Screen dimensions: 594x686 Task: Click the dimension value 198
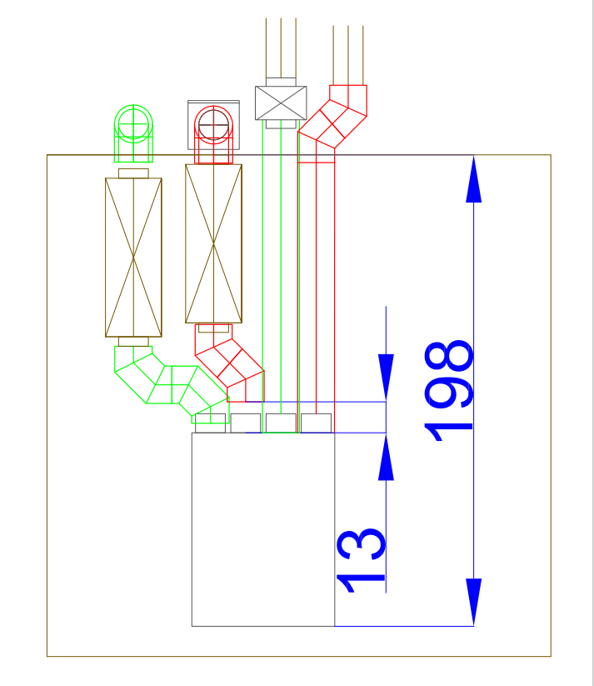click(449, 391)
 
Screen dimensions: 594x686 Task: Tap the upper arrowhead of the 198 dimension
click(474, 179)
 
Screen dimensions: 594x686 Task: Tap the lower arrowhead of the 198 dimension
click(474, 602)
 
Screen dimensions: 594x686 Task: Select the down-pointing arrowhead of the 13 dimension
click(386, 378)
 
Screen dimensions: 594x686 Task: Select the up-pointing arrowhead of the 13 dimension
click(386, 456)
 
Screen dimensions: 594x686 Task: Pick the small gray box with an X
click(281, 103)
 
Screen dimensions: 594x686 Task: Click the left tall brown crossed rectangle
click(133, 258)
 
